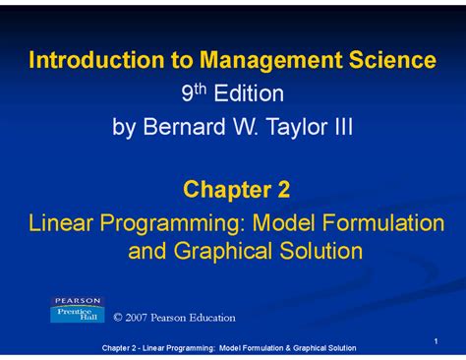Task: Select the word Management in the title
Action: (x=253, y=61)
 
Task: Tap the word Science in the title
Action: (x=385, y=61)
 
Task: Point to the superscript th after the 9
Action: (x=197, y=89)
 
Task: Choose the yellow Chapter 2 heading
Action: (x=233, y=189)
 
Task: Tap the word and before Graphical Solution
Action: (x=147, y=252)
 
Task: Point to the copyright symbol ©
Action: (x=120, y=318)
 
